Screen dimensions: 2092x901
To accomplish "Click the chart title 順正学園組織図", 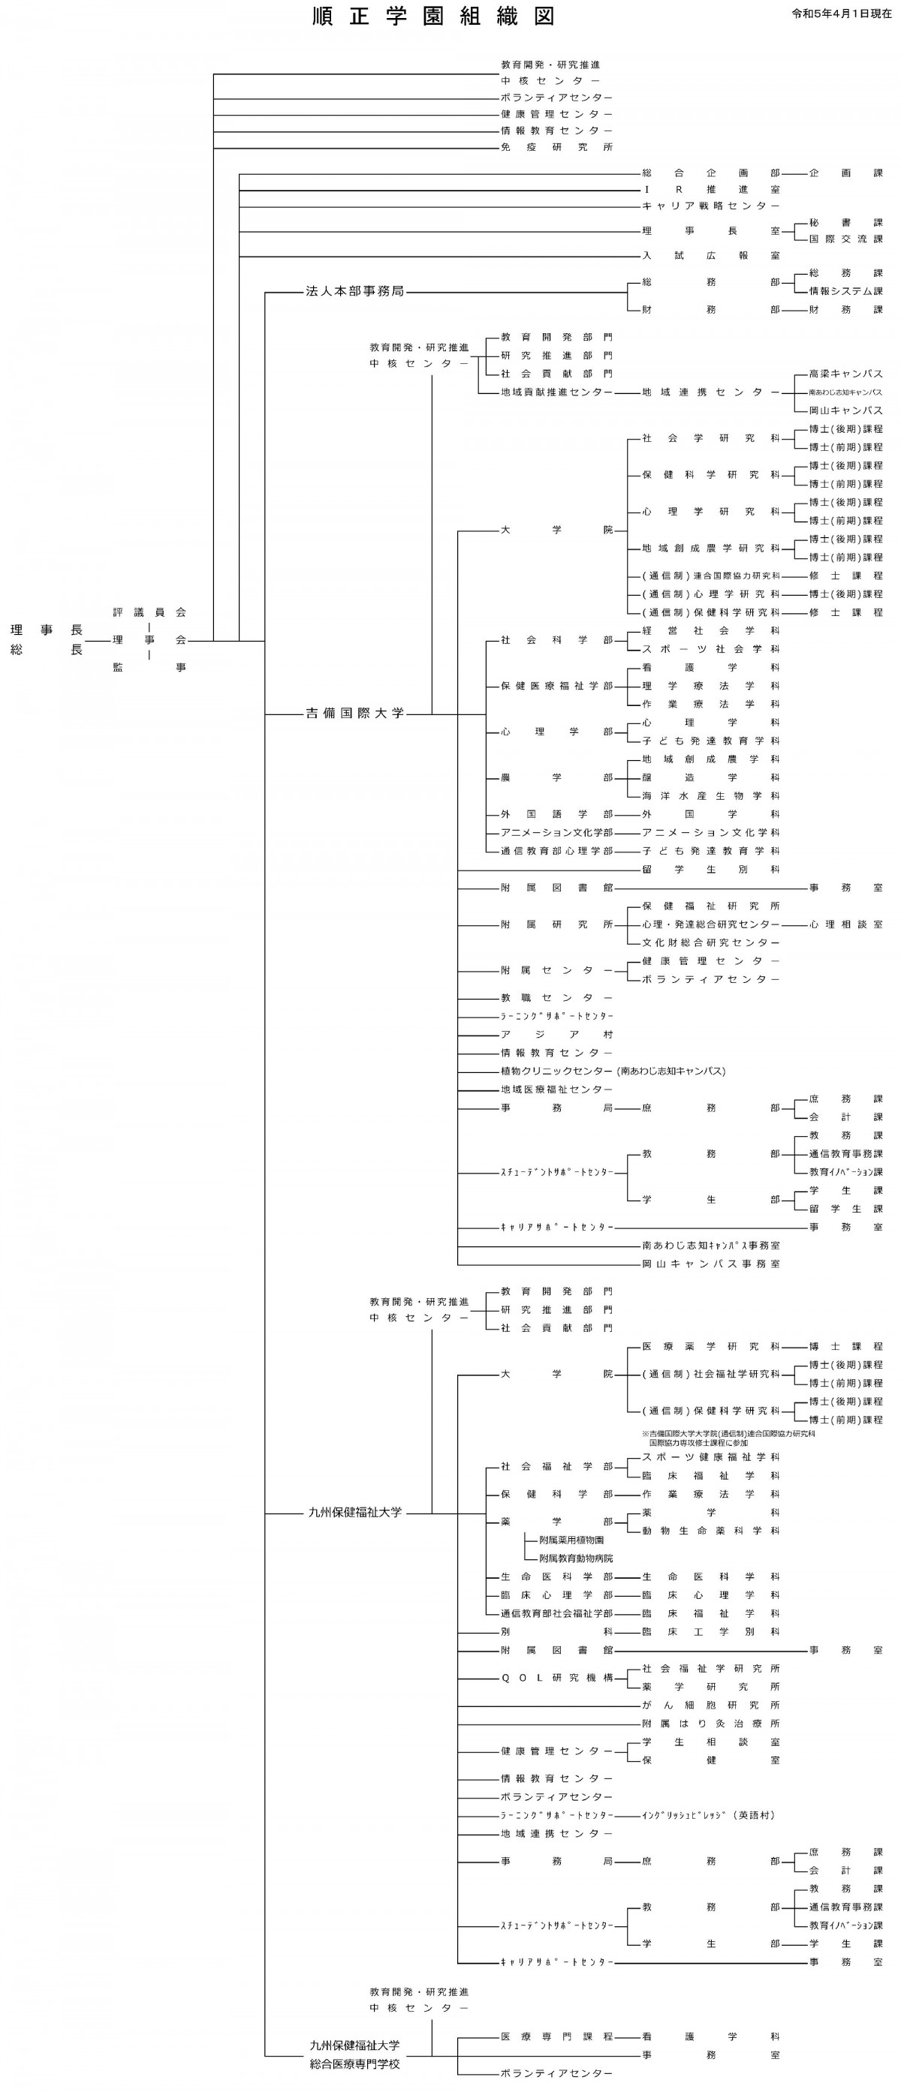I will click(x=434, y=17).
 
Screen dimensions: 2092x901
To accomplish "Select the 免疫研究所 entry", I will click(x=556, y=148).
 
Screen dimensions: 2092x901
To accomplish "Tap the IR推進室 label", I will click(x=710, y=190).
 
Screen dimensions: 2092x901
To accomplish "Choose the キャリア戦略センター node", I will click(x=710, y=206).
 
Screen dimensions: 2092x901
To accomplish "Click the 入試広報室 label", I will click(x=710, y=256).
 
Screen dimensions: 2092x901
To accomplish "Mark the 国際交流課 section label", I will click(x=845, y=239).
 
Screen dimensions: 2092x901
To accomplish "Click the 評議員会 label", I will click(x=149, y=612).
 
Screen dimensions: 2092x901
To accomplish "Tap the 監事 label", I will click(x=149, y=668).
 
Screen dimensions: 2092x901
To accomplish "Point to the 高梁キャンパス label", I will click(x=845, y=374).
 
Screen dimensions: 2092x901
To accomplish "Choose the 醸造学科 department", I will click(x=710, y=778).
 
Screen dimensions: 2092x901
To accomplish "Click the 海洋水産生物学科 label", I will click(x=710, y=797).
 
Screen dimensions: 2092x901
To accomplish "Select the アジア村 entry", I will click(x=556, y=1035).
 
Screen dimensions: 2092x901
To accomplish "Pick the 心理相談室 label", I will click(x=845, y=925).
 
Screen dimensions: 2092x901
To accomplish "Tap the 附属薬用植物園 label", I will click(x=571, y=1540).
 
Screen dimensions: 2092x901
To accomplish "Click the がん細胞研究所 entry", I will click(x=710, y=1706).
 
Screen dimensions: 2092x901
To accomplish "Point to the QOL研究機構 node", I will click(x=556, y=1678).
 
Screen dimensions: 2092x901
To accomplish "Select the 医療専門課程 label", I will click(x=556, y=2036).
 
